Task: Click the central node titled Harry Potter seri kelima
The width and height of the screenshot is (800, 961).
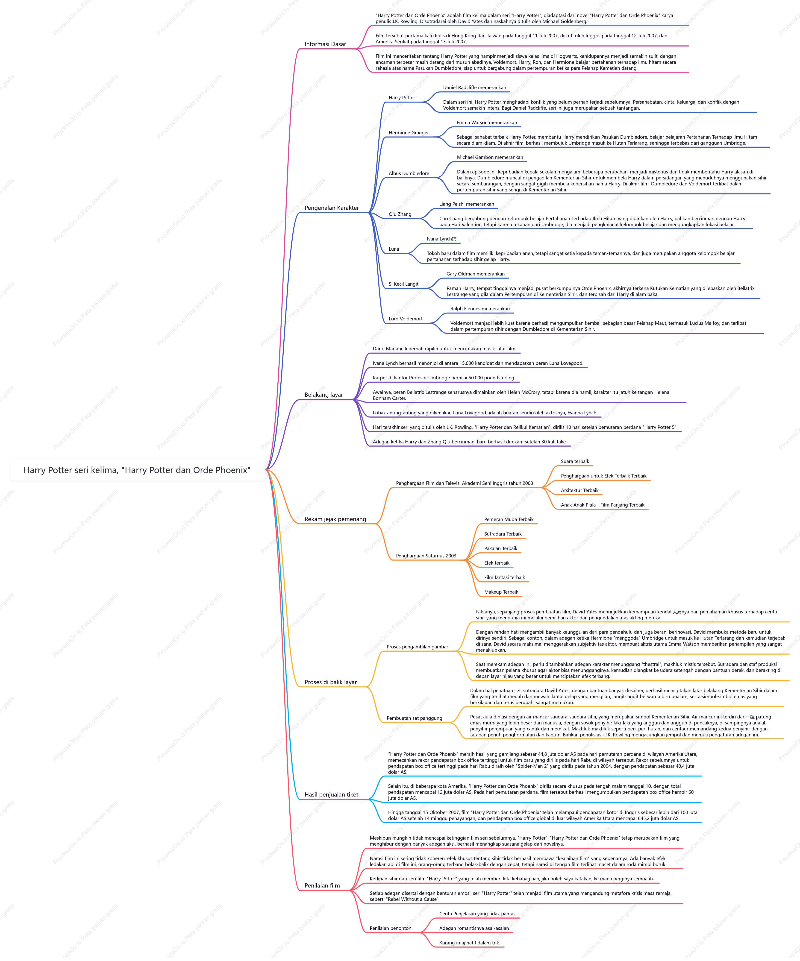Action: click(x=137, y=470)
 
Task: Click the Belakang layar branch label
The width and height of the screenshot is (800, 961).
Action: click(x=324, y=395)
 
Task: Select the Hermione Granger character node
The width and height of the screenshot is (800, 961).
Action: click(x=409, y=133)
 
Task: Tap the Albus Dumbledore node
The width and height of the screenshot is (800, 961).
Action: click(x=409, y=173)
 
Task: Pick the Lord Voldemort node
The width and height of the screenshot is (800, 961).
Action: click(x=406, y=319)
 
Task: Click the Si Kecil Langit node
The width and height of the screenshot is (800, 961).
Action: click(x=403, y=284)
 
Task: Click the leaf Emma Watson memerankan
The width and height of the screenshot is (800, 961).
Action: click(x=486, y=123)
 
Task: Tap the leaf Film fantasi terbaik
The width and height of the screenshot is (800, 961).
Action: click(x=504, y=577)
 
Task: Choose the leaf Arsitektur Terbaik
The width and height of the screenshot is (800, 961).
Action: click(x=579, y=491)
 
